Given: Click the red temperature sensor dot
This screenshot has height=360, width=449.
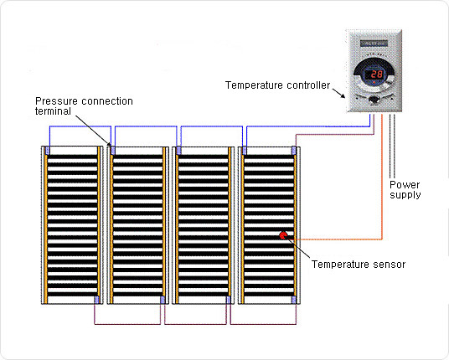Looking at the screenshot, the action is pos(283,235).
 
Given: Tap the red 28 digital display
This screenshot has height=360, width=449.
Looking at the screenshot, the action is pos(377,75).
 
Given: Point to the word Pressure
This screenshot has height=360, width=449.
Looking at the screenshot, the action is pos(56,101).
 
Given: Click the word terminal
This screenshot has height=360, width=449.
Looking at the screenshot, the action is pos(53,111).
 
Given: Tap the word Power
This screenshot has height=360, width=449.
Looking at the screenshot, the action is pos(405,184).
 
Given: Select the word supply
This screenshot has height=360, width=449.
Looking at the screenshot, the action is pos(405,195).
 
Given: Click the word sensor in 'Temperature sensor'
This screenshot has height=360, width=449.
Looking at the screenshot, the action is pos(390,265).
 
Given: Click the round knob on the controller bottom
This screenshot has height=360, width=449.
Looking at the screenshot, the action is pos(374,100).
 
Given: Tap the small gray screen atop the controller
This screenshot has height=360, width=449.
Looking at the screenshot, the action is pos(374,44).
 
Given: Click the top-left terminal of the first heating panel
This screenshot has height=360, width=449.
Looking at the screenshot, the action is pos(48,151).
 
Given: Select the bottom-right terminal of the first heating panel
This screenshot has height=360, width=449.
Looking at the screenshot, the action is pos(96,300).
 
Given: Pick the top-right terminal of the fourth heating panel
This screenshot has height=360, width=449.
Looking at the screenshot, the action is pos(293,151).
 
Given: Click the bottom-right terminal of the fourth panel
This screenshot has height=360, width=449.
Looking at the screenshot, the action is pos(293,300).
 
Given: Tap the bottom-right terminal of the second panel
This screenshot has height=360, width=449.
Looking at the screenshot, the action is pos(163,300).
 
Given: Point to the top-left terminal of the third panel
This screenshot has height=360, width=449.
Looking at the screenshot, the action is pos(178,151).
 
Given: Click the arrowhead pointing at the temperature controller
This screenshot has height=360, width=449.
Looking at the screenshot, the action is pos(343,95).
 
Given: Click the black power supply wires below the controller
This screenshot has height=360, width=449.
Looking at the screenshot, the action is pos(392,146).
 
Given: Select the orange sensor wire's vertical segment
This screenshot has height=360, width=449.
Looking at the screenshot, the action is pos(382,177).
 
